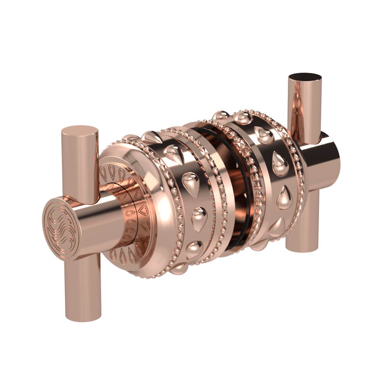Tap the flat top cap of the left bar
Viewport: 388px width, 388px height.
(x=80, y=132)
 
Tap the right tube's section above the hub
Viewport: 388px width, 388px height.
(x=305, y=109)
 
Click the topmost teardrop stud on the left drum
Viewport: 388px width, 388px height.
(x=149, y=136)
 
